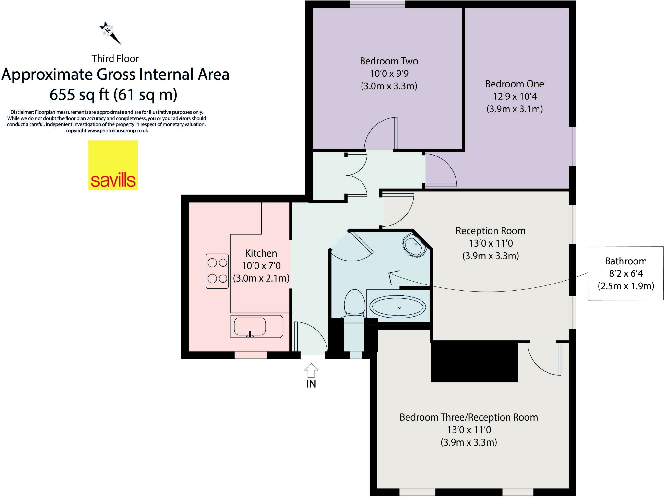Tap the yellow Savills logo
tap(113, 165)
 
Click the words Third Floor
tap(115, 59)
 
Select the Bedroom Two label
tap(389, 61)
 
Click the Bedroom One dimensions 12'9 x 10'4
tap(515, 97)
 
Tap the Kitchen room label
tap(261, 253)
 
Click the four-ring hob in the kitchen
tap(217, 271)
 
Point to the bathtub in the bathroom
tap(398, 306)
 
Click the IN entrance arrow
tap(311, 370)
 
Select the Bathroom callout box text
tap(625, 273)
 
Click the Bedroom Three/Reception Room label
tap(468, 417)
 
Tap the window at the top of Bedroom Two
tap(377, 4)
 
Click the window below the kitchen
tap(251, 355)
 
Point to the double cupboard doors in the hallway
tap(357, 175)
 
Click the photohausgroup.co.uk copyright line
tap(107, 131)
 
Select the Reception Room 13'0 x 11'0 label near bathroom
tap(490, 243)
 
